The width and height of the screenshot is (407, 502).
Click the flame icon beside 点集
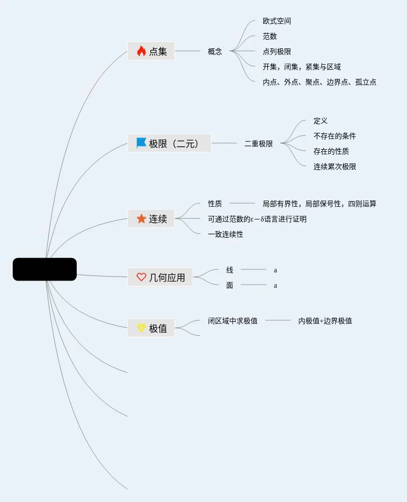(x=141, y=51)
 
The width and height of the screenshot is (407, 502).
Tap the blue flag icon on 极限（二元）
(x=141, y=143)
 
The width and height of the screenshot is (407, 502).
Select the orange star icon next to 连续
(x=141, y=218)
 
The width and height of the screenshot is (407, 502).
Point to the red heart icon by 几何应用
(x=141, y=277)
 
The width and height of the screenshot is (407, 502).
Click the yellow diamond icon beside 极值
(x=141, y=328)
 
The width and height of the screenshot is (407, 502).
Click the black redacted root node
(x=45, y=269)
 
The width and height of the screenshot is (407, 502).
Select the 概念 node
(x=215, y=51)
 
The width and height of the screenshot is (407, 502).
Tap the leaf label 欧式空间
(x=277, y=21)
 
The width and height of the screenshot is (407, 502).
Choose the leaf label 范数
(x=270, y=37)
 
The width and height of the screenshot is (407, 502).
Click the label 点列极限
(x=277, y=52)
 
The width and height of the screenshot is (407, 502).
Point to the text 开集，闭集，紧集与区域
(x=302, y=67)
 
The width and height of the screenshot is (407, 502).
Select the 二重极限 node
(x=259, y=144)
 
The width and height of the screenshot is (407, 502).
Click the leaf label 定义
(x=321, y=121)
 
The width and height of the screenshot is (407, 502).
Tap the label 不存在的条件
(x=335, y=136)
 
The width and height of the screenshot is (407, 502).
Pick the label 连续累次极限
(x=335, y=167)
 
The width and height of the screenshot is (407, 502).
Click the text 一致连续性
(x=226, y=235)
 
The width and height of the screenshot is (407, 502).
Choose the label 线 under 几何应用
(x=230, y=270)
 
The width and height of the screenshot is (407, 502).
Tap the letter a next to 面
(x=275, y=286)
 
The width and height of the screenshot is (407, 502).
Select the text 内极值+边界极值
(x=325, y=321)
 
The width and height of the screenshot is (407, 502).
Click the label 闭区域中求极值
(x=233, y=321)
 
